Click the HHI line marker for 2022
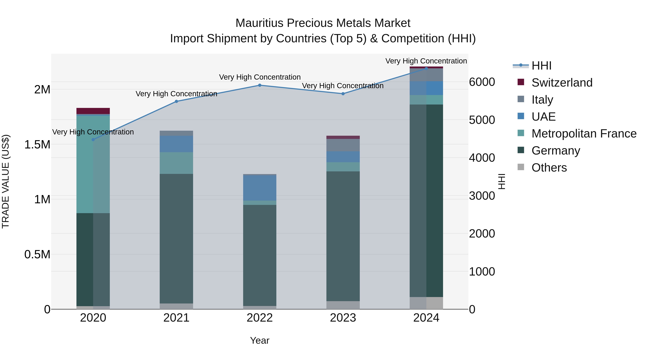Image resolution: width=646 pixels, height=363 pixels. click(259, 85)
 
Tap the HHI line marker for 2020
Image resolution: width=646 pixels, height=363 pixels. click(93, 139)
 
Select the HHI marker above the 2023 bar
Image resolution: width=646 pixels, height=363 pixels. click(343, 94)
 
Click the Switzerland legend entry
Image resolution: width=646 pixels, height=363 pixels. click(561, 83)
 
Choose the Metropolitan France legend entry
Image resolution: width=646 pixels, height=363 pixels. click(584, 134)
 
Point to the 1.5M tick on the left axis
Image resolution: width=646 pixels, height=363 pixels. click(37, 144)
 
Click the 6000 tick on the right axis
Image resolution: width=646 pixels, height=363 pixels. click(482, 82)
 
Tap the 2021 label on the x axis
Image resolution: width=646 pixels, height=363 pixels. click(176, 318)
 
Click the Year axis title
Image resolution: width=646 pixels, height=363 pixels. click(259, 340)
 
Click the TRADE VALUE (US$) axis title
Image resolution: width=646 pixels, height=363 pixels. click(6, 181)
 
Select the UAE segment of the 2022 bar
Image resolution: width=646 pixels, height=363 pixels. click(259, 188)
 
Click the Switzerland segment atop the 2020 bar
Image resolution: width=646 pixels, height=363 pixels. click(93, 111)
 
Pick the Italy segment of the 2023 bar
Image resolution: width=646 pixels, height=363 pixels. click(343, 145)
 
